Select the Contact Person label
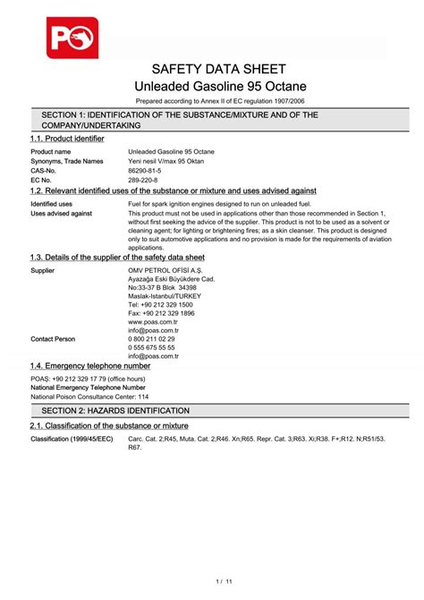coord(53,339)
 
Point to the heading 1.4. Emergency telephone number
coord(90,366)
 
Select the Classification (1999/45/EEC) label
coord(72,439)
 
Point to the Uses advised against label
coord(61,214)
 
